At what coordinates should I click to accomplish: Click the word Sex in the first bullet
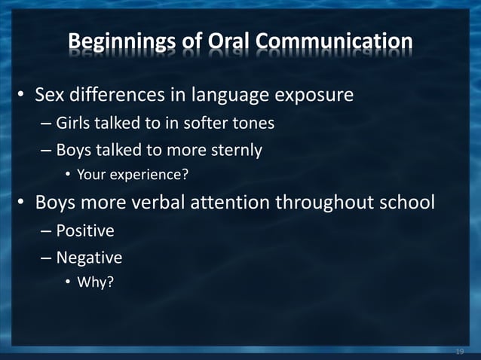51,96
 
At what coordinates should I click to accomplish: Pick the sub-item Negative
89,258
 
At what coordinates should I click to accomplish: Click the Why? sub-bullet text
95,284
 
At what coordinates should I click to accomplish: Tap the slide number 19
460,351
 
